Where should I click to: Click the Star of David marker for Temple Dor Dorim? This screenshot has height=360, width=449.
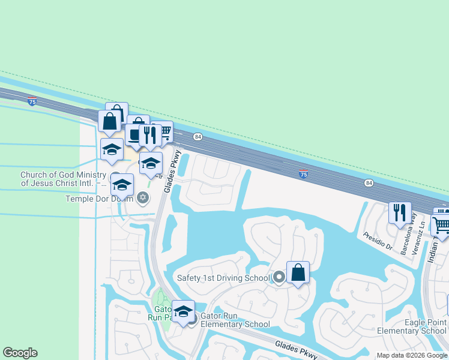(143, 197)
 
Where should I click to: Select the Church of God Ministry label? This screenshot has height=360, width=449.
(63, 179)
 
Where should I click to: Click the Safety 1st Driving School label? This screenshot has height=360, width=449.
(223, 278)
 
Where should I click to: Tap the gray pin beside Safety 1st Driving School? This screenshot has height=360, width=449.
(279, 277)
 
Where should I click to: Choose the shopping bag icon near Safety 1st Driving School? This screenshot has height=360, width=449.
(298, 273)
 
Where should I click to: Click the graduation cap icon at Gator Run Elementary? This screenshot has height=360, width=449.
(183, 311)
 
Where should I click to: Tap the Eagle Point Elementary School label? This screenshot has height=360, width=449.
(412, 326)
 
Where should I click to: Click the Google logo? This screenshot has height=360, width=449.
(20, 353)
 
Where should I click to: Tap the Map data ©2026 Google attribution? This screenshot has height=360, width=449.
(411, 355)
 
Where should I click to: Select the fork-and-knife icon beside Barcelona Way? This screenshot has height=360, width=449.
(399, 212)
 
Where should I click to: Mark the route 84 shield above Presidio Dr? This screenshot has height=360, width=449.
(369, 183)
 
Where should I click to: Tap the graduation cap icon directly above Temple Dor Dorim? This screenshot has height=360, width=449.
(122, 185)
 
